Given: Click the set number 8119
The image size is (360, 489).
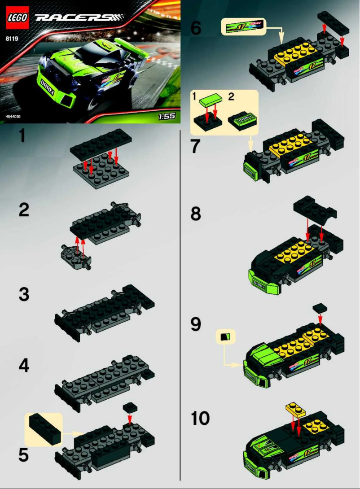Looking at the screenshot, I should coord(12,38).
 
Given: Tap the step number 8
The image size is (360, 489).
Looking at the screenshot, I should coord(196,214).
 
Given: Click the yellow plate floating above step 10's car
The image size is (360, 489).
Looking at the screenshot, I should coord(295,409).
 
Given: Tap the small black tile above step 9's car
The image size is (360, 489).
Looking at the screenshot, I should coord(320,308).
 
